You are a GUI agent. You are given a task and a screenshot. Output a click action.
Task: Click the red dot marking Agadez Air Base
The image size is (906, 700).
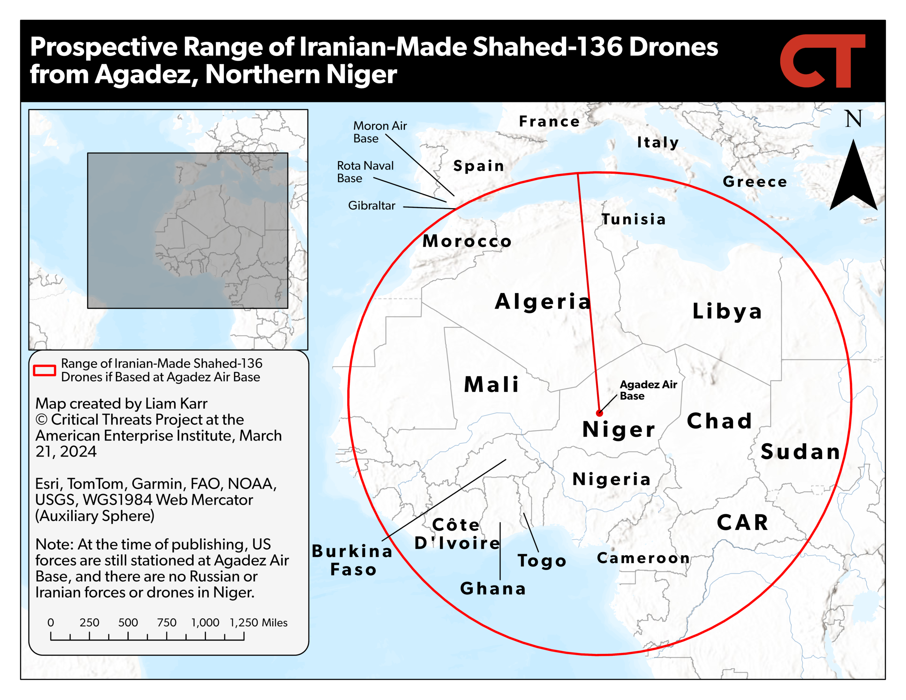coord(600,413)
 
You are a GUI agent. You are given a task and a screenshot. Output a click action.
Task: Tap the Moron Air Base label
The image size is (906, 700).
coord(380,132)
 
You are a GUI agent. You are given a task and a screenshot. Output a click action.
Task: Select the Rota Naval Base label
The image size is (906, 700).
coord(365,172)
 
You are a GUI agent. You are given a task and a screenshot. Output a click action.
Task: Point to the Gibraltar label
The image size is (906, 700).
coord(371,205)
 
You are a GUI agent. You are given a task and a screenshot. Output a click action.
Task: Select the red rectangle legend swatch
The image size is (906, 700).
coord(44,370)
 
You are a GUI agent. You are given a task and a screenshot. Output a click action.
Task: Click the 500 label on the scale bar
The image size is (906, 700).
coord(128,622)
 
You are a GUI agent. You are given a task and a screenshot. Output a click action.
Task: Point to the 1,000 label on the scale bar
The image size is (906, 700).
coord(205,622)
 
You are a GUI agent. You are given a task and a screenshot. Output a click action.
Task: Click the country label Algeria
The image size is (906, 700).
coord(543,301)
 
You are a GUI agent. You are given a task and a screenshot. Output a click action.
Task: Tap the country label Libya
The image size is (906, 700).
coord(727,311)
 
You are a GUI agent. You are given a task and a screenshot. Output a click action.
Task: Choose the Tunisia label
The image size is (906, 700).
coord(633,219)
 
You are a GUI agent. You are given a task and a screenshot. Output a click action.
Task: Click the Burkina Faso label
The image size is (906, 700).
coord(352,560)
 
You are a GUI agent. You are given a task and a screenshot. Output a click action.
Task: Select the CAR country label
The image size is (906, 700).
coord(742,522)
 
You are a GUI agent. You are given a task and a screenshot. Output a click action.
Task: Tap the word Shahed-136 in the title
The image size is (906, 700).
coord(547,46)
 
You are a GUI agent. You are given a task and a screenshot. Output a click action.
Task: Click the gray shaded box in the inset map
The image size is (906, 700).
coord(188,230)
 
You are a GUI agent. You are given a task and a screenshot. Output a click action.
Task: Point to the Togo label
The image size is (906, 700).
coord(542,561)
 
